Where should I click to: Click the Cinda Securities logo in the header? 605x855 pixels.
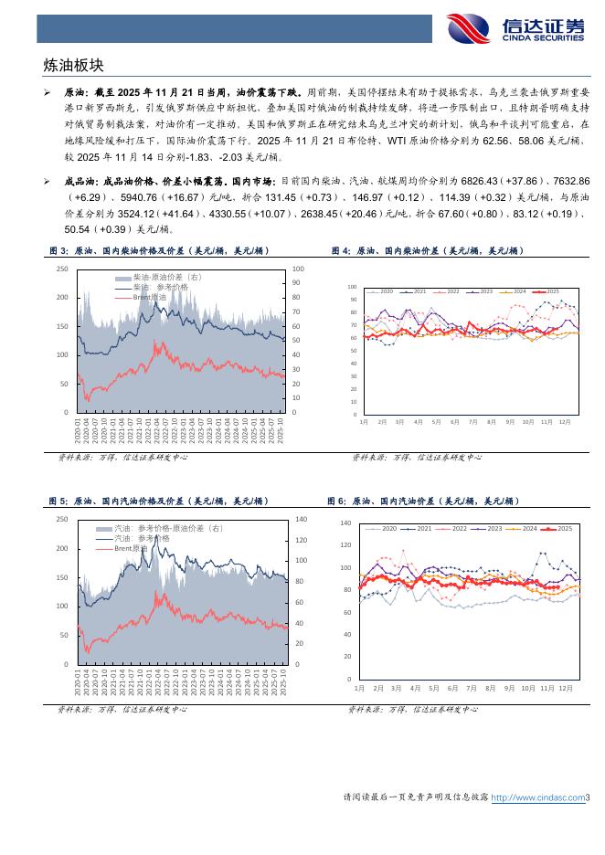515,26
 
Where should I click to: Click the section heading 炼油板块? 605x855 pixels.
74,66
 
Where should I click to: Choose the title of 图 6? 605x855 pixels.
423,501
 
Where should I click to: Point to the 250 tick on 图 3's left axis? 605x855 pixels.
62,269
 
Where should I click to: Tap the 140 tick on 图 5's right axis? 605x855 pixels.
301,519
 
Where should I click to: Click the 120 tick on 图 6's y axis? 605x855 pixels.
345,545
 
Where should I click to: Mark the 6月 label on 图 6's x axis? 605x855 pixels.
453,687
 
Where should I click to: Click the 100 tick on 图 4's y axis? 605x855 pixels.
352,287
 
